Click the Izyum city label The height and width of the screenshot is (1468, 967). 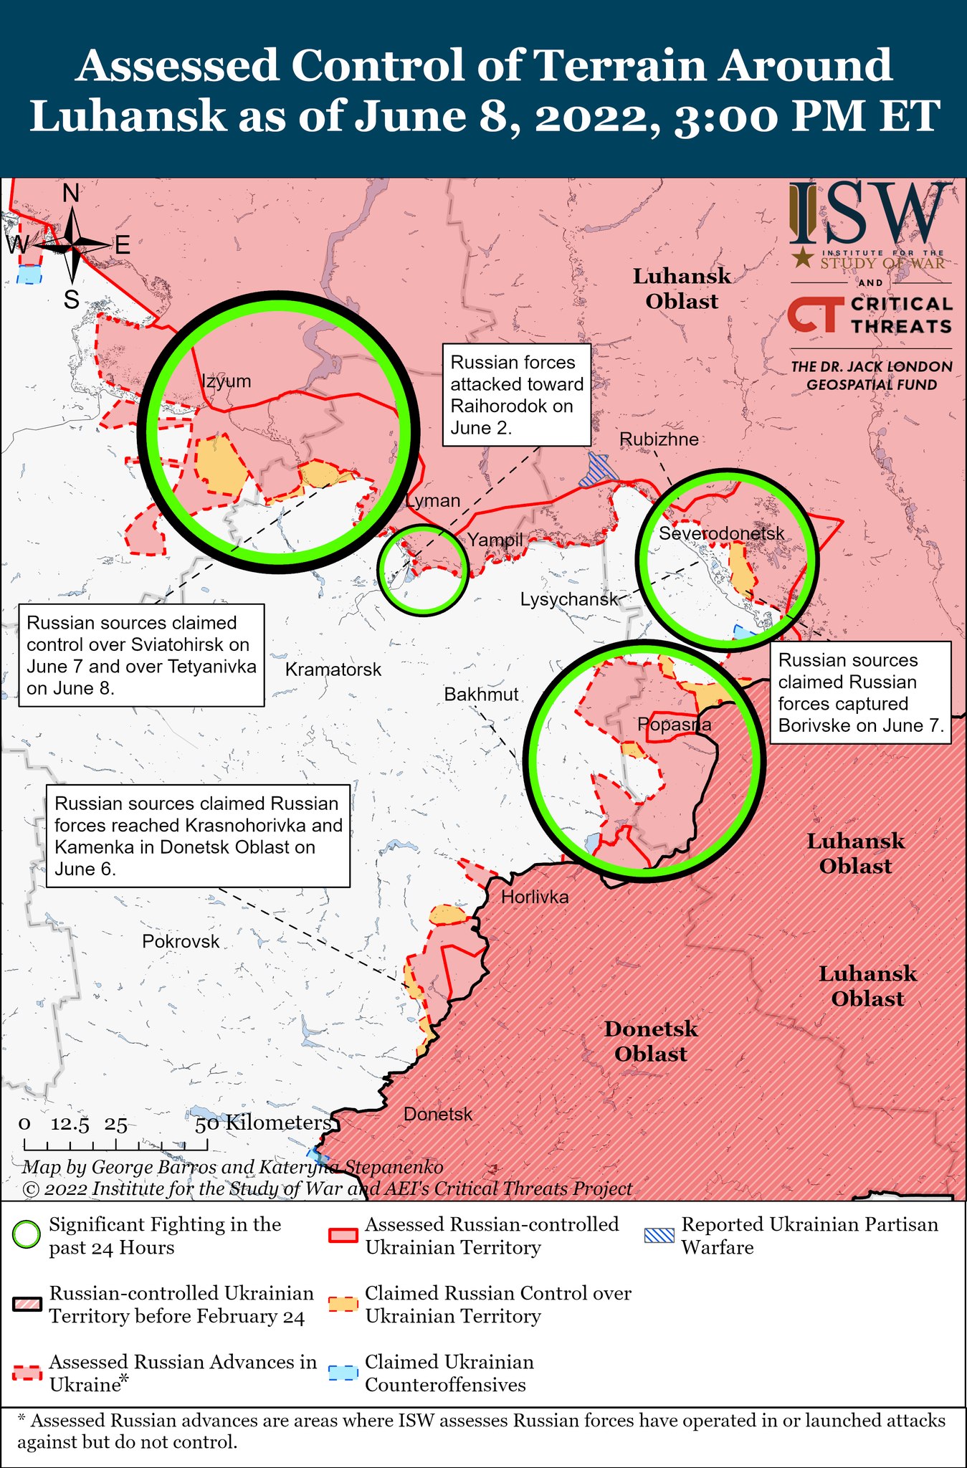click(227, 381)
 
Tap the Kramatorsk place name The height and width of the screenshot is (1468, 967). click(333, 669)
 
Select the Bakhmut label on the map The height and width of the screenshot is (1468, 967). click(481, 694)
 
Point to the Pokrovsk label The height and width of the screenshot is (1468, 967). click(181, 941)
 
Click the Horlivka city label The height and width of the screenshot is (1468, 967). click(535, 897)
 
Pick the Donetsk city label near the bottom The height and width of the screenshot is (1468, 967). click(438, 1114)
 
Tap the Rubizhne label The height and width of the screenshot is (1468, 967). click(659, 439)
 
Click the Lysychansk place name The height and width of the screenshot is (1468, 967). click(569, 599)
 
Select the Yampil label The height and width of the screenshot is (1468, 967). click(495, 540)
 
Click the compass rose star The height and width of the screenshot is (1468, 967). click(73, 245)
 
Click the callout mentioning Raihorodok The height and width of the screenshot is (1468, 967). click(517, 395)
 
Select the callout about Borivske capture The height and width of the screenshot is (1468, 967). click(859, 692)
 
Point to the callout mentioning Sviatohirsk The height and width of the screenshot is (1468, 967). click(141, 655)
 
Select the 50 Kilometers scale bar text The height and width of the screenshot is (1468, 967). click(263, 1123)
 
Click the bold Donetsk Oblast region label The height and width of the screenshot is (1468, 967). click(650, 1042)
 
